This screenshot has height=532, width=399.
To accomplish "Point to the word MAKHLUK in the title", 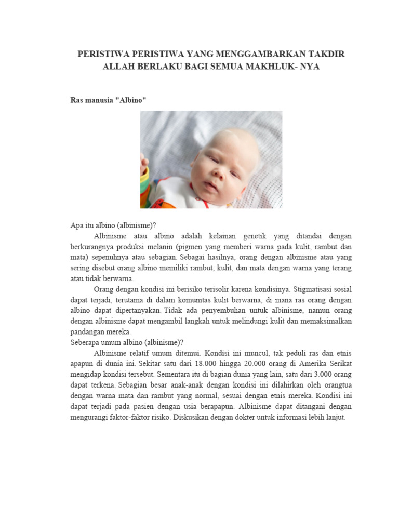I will point(273,67).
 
